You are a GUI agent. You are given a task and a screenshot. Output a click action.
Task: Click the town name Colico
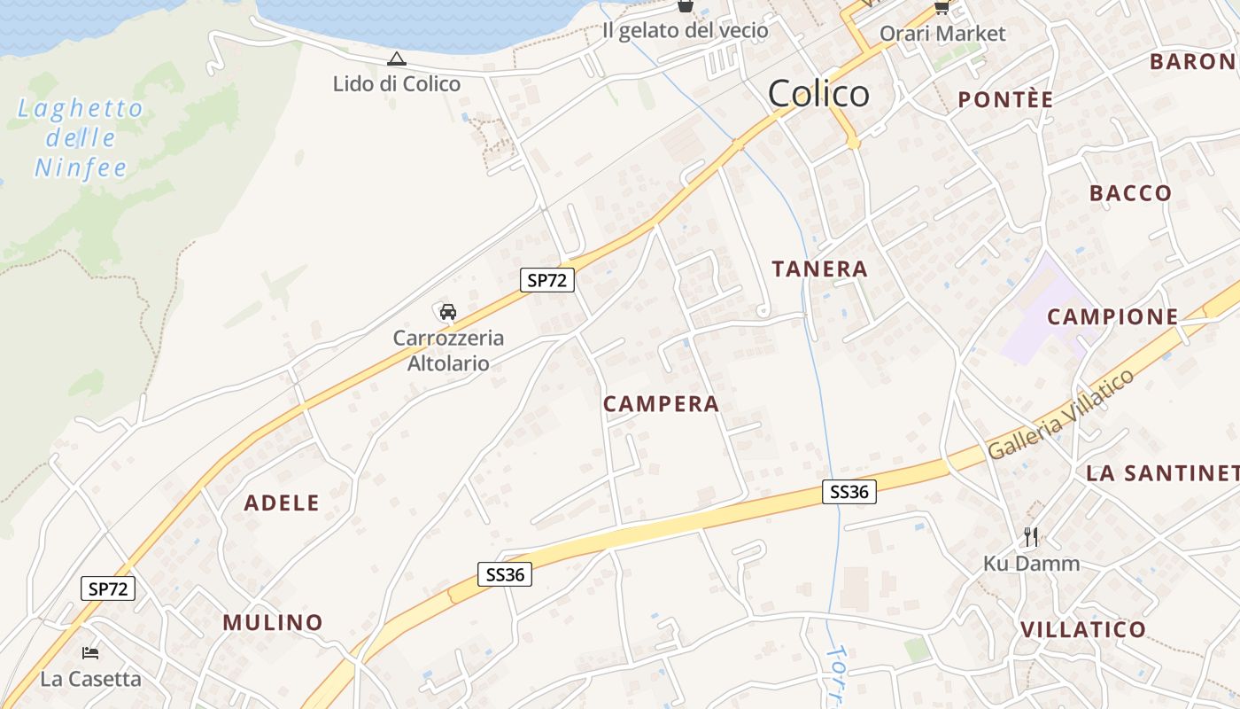click(x=818, y=94)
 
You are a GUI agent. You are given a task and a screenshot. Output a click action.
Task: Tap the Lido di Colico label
click(x=397, y=84)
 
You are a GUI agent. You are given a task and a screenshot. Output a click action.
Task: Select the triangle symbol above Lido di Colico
click(x=397, y=59)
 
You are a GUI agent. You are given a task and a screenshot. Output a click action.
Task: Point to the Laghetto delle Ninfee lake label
click(x=81, y=138)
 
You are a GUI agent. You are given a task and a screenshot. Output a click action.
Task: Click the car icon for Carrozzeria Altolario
click(x=448, y=312)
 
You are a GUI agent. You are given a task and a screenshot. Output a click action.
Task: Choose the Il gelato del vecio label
click(x=685, y=30)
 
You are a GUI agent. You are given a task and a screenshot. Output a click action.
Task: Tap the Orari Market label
click(x=942, y=34)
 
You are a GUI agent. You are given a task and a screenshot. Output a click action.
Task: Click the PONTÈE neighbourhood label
click(x=1005, y=100)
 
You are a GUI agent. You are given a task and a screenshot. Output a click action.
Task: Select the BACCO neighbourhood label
click(x=1130, y=193)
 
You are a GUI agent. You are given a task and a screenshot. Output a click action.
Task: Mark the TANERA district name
click(x=819, y=269)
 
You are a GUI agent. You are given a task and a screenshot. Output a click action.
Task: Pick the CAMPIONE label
click(x=1112, y=316)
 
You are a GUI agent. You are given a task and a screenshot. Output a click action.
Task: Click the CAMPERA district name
click(x=661, y=404)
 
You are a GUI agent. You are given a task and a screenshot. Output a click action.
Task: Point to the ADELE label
click(x=282, y=503)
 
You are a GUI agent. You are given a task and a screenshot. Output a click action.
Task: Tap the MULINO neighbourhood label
click(x=273, y=622)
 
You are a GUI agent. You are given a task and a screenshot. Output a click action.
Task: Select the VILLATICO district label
click(x=1083, y=630)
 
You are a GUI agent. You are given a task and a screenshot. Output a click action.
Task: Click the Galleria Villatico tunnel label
click(x=1060, y=414)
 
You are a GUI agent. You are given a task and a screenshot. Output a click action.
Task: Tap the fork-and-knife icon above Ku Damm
click(x=1030, y=537)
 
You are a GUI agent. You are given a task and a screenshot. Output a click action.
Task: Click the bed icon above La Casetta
click(x=90, y=653)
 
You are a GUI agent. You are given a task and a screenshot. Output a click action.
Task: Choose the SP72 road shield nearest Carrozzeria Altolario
click(x=547, y=281)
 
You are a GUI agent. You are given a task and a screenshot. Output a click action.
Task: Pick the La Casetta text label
click(x=90, y=680)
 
